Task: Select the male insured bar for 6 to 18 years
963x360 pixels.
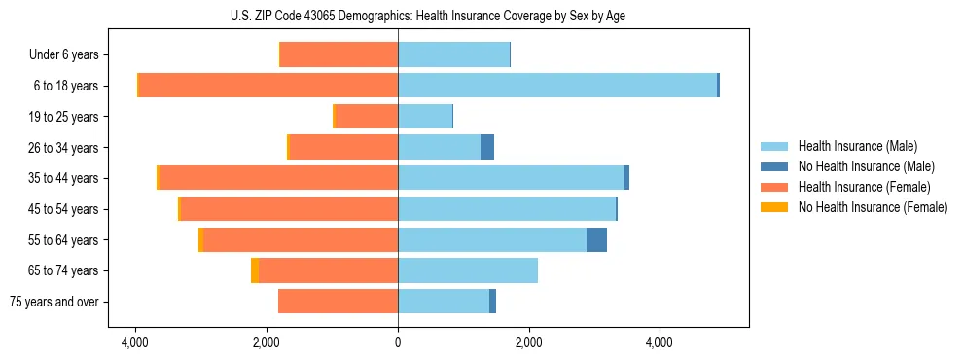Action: [556, 86]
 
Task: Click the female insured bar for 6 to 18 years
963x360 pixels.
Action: [268, 86]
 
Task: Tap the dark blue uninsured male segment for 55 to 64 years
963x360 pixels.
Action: [596, 239]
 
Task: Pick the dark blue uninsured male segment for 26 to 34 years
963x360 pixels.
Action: [487, 147]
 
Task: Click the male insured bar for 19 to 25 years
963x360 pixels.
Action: [425, 117]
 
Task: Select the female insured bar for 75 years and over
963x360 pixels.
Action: [338, 302]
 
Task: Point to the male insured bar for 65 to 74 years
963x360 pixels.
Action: [468, 270]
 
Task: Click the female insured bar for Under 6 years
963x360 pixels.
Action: [339, 54]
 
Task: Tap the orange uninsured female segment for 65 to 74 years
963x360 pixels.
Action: [255, 270]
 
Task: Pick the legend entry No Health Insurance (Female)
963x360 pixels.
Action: [873, 207]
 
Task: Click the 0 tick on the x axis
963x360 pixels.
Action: [398, 343]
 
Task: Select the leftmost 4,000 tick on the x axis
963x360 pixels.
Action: [135, 343]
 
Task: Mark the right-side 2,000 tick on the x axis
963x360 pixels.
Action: [528, 343]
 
